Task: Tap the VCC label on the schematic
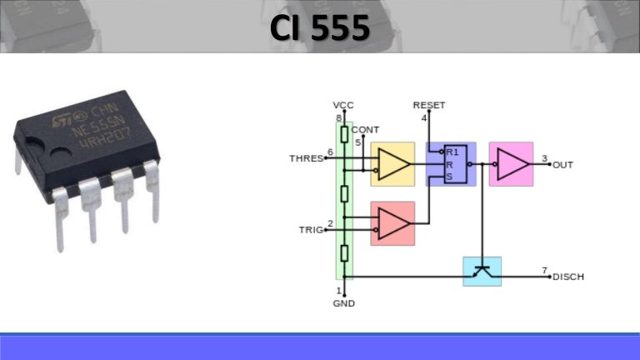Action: pos(343,105)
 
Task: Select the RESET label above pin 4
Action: pos(429,105)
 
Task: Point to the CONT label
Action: pos(365,130)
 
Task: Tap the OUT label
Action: pos(563,165)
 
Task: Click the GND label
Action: pos(343,303)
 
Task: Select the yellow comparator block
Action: pos(392,164)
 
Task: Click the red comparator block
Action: pos(392,223)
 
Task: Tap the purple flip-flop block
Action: pos(451,163)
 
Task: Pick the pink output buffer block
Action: pos(511,163)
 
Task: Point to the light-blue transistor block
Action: pos(482,271)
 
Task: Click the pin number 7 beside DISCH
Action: pos(544,270)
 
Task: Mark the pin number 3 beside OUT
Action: pos(544,158)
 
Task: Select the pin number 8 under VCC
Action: pos(339,117)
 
